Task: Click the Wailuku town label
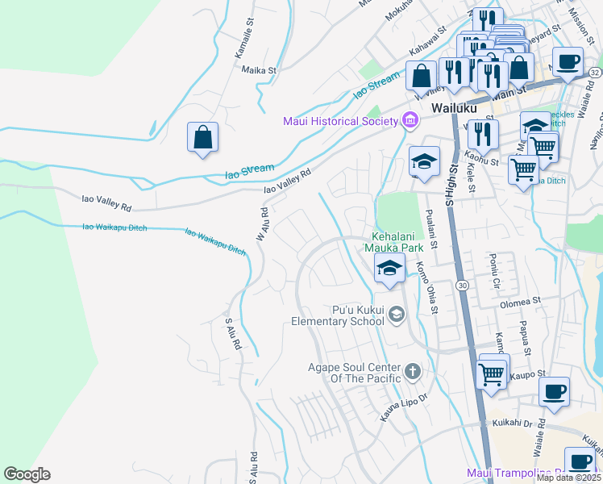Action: tap(454, 107)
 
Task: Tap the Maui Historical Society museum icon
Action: tap(410, 121)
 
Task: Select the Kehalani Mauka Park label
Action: tap(393, 240)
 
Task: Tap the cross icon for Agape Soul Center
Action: tap(412, 372)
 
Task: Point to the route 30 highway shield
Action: tap(461, 286)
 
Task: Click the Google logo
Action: tap(27, 474)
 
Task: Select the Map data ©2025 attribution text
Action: tap(568, 478)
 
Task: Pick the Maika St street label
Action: tap(259, 70)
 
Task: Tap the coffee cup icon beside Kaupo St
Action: tap(554, 392)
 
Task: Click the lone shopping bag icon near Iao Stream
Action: tap(203, 137)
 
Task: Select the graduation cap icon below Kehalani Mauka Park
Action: tap(389, 269)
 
